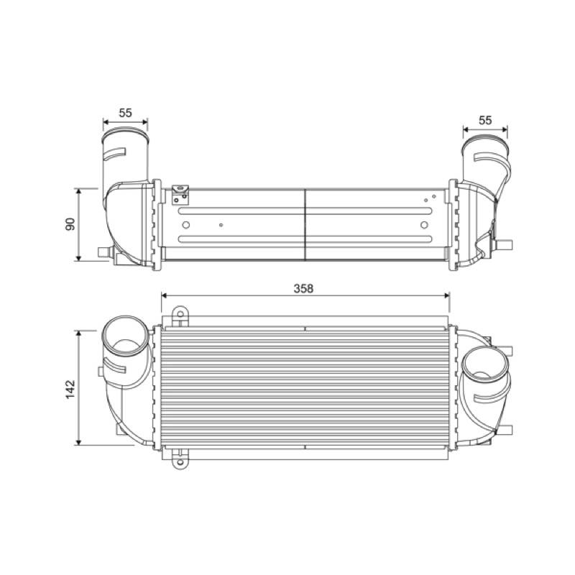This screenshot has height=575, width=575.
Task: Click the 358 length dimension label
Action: click(303, 289)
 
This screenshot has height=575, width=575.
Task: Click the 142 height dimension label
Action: click(70, 390)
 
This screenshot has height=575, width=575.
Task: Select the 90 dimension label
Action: click(70, 224)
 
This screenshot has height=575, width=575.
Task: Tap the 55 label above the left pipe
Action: click(125, 113)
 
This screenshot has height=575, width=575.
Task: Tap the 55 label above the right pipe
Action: click(484, 120)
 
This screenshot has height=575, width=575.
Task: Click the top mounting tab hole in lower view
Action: click(180, 314)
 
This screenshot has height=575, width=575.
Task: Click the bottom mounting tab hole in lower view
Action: click(180, 461)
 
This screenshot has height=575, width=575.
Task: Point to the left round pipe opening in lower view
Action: click(125, 336)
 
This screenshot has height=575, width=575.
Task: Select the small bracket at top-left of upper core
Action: click(180, 194)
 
